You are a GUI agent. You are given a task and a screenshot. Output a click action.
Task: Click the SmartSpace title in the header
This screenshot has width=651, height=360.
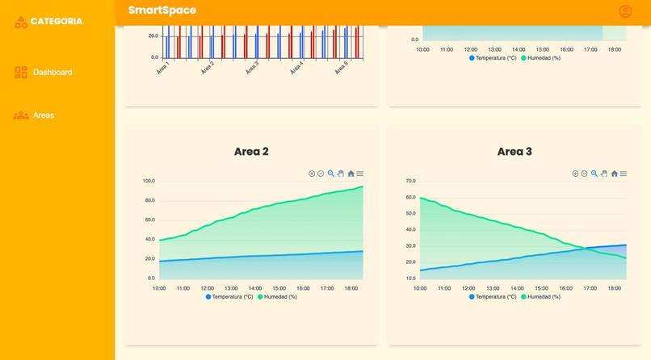pyautogui.click(x=162, y=10)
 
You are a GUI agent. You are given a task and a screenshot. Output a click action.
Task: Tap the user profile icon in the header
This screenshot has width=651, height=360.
pyautogui.click(x=625, y=11)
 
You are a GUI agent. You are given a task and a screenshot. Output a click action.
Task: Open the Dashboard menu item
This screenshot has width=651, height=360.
pyautogui.click(x=52, y=73)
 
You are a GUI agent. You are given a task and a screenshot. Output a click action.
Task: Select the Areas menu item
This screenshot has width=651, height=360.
pyautogui.click(x=44, y=115)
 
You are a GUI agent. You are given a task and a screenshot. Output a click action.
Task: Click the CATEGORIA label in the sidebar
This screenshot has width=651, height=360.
pyautogui.click(x=56, y=21)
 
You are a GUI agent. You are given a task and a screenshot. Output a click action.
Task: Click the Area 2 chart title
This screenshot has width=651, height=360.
pyautogui.click(x=251, y=151)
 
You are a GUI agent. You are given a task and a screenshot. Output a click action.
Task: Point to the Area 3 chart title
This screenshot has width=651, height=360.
pyautogui.click(x=514, y=151)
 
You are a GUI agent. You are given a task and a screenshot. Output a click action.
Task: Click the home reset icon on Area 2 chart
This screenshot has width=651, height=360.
pyautogui.click(x=351, y=174)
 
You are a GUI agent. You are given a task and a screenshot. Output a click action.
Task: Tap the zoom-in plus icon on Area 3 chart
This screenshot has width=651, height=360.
pyautogui.click(x=575, y=174)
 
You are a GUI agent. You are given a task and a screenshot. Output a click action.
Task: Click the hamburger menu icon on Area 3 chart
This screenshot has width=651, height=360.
pyautogui.click(x=624, y=174)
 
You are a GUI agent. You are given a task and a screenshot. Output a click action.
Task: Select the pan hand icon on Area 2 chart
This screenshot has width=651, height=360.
pyautogui.click(x=341, y=174)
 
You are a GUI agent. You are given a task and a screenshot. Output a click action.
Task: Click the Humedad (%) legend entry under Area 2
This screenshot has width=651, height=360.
pyautogui.click(x=277, y=296)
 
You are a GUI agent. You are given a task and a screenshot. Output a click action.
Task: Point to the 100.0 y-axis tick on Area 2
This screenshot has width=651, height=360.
pyautogui.click(x=148, y=181)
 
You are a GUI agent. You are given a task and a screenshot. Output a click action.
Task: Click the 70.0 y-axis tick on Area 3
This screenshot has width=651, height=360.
pyautogui.click(x=410, y=181)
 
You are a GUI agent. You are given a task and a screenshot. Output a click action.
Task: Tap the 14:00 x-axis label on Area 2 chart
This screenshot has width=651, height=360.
pyautogui.click(x=255, y=288)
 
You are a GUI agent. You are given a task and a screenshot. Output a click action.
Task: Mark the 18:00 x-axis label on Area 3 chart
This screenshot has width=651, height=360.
pyautogui.click(x=614, y=288)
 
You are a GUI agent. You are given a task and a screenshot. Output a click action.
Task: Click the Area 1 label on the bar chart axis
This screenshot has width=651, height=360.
pyautogui.click(x=162, y=68)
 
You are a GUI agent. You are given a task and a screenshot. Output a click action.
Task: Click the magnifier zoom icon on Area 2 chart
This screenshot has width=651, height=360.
pyautogui.click(x=330, y=174)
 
